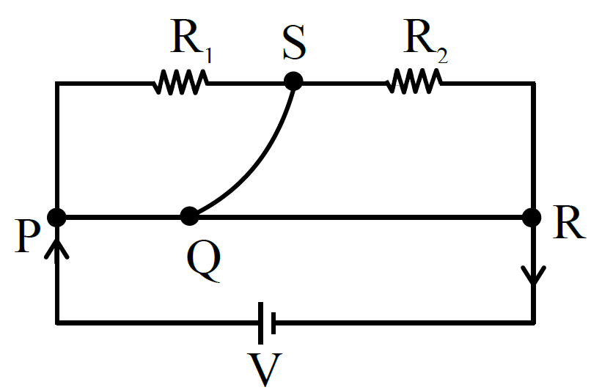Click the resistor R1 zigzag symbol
tap(180, 82)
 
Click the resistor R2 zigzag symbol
tap(414, 81)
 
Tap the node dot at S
tap(293, 81)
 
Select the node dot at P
tap(56, 218)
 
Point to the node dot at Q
tap(189, 216)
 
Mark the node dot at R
tap(532, 218)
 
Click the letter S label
tap(294, 43)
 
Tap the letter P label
tap(27, 236)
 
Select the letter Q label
tap(204, 261)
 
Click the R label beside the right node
tap(569, 223)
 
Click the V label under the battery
tap(265, 369)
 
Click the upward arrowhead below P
tap(56, 247)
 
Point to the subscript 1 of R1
tap(208, 55)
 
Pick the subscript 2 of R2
tap(442, 56)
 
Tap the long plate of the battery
tap(260, 323)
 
